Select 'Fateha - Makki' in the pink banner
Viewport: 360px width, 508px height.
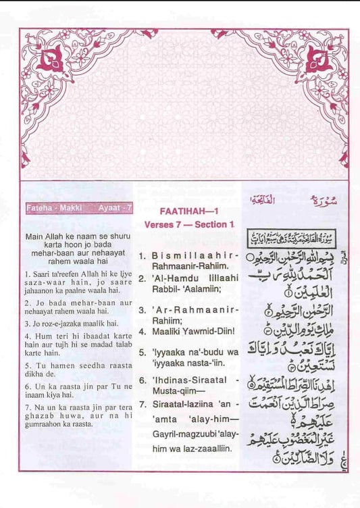(x=53, y=208)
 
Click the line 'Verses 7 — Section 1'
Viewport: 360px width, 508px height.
(x=188, y=224)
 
